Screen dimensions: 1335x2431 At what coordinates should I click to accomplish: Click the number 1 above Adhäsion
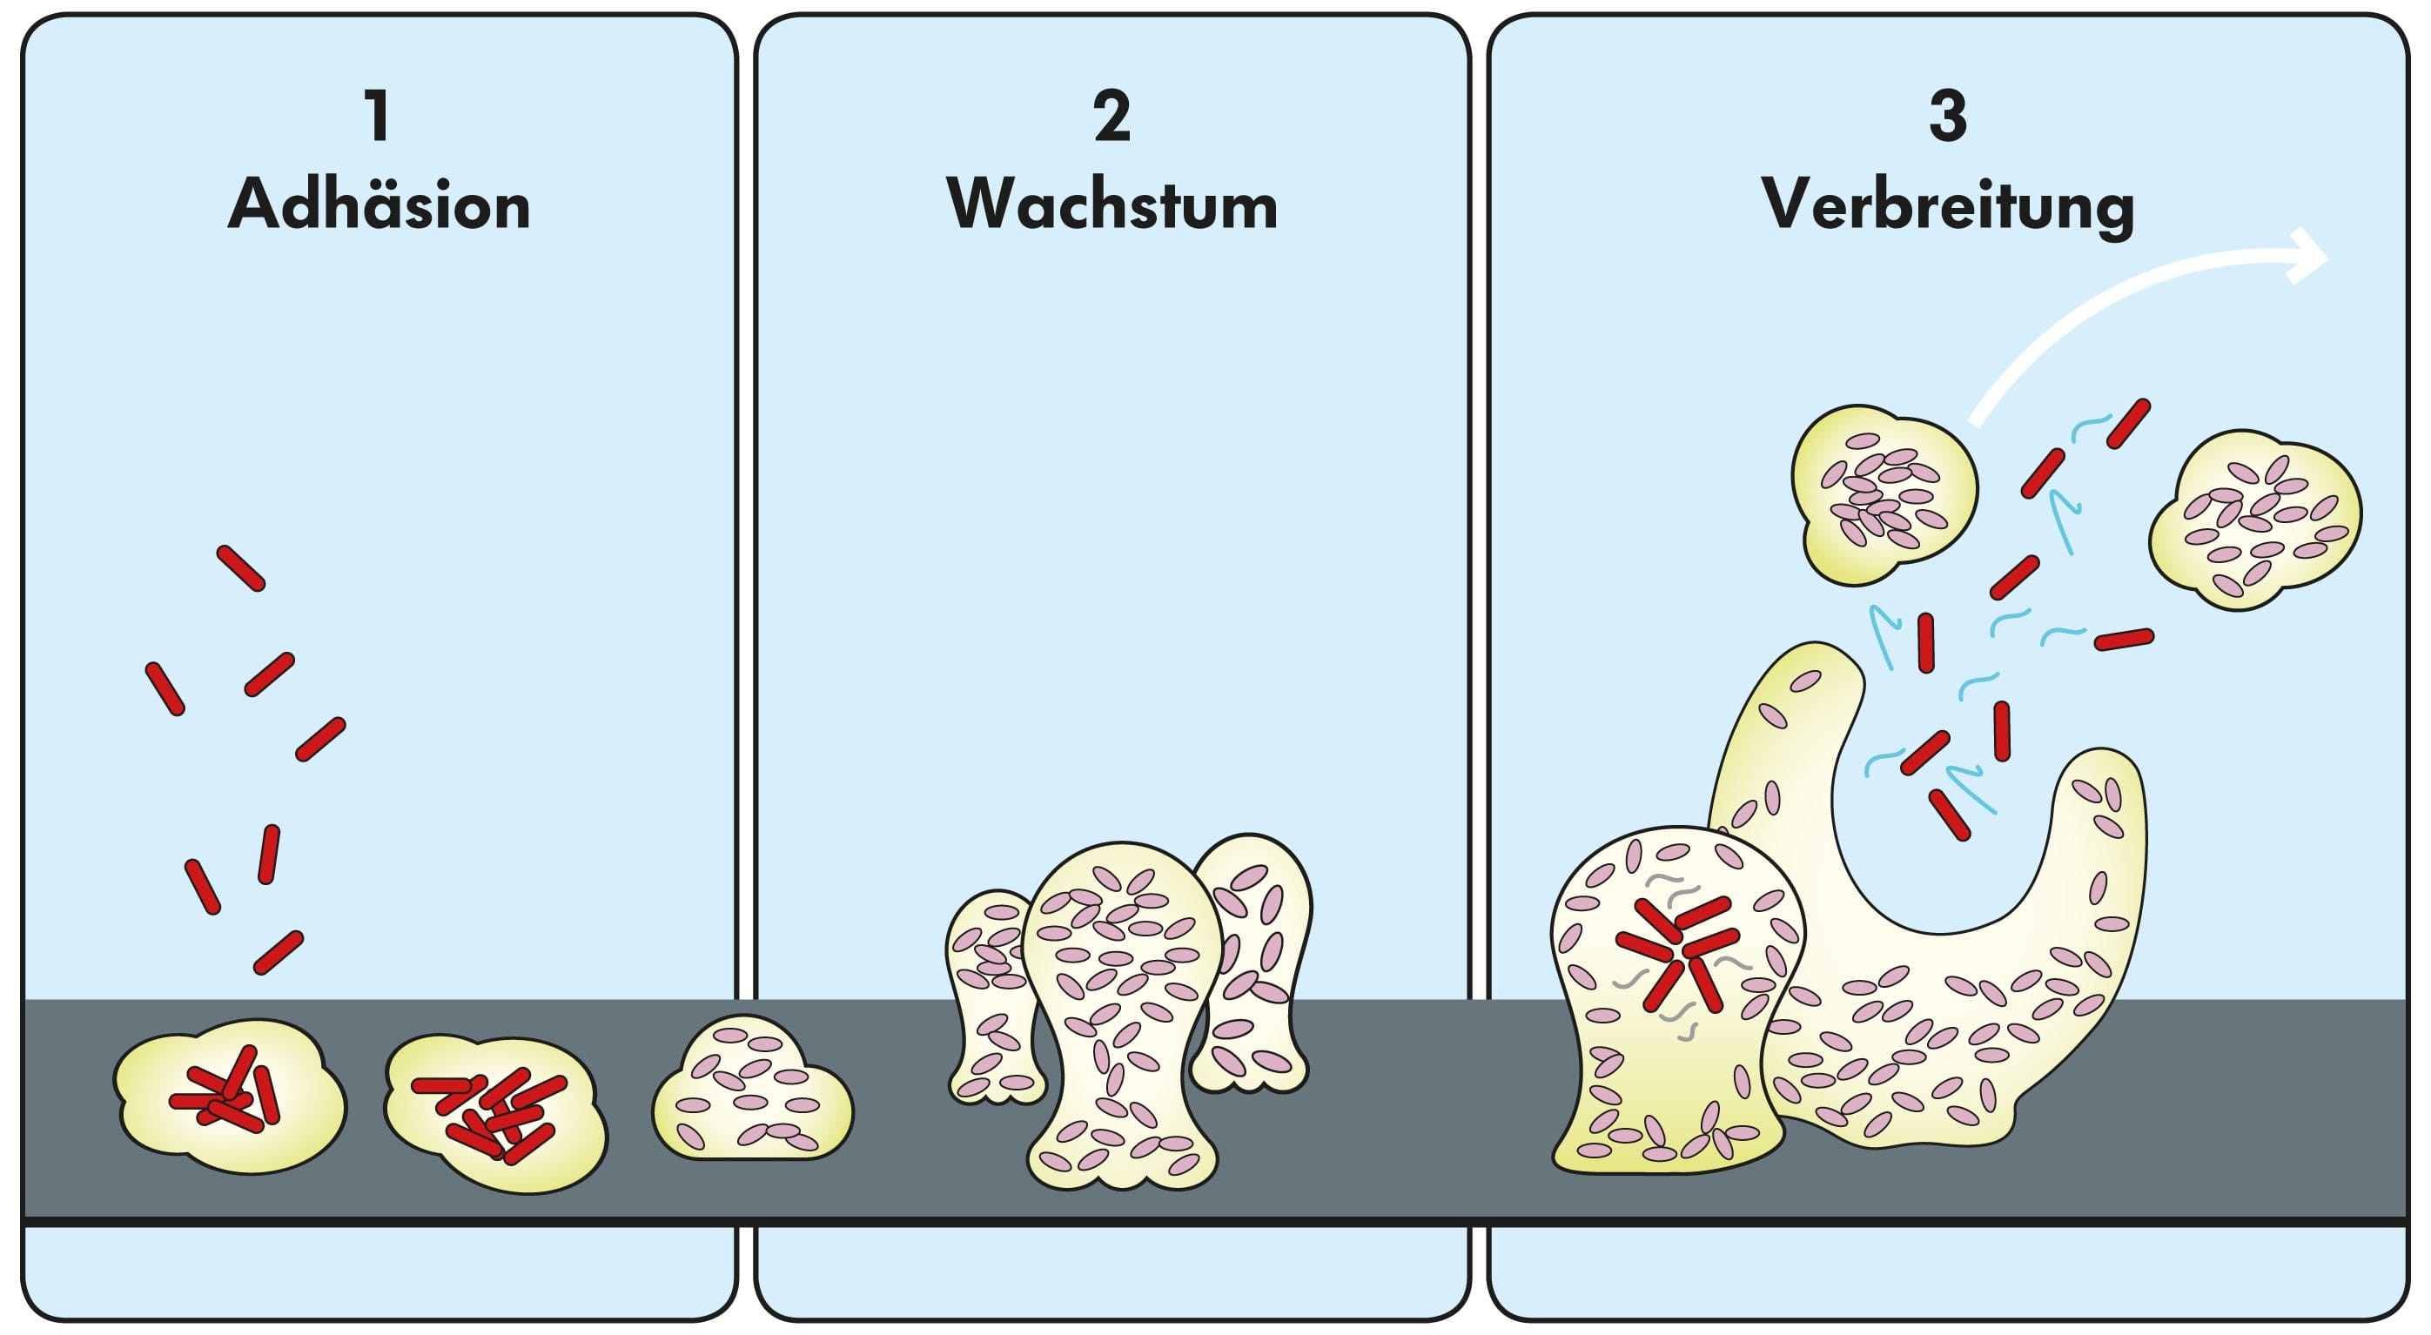point(379,117)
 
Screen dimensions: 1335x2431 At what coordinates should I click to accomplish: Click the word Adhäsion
point(379,205)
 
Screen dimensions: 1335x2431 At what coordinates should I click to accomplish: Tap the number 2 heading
point(1111,117)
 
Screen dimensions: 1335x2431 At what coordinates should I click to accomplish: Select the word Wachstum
point(1111,205)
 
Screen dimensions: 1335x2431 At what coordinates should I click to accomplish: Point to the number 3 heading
point(1948,117)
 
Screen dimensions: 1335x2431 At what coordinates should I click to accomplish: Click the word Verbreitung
point(1948,205)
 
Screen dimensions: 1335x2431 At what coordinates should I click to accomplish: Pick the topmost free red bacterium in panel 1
point(240,568)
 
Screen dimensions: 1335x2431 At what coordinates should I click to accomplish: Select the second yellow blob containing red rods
point(495,1113)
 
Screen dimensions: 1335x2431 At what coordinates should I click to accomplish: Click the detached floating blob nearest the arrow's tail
point(1883,495)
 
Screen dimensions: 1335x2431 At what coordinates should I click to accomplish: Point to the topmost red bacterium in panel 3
point(2128,424)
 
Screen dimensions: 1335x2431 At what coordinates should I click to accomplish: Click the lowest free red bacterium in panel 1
point(279,953)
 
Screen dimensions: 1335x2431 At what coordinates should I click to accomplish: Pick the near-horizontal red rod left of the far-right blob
point(2124,641)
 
